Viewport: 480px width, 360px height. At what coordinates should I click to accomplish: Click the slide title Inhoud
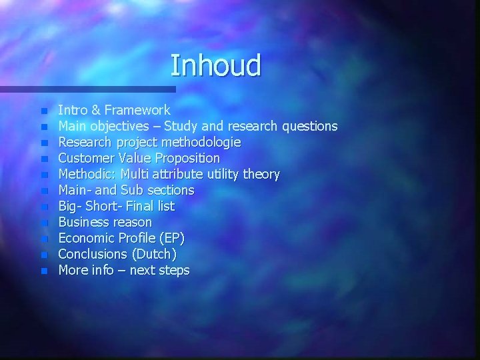[x=215, y=65]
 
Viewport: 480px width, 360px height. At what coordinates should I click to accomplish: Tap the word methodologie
[x=202, y=142]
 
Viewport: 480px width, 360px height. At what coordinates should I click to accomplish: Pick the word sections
[x=169, y=190]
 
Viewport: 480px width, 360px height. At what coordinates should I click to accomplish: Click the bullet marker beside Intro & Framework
[x=44, y=111]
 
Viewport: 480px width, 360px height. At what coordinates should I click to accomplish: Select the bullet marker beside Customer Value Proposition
[x=44, y=159]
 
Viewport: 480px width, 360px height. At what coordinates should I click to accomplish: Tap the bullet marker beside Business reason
[x=44, y=223]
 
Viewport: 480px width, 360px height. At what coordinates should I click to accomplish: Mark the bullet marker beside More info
[x=44, y=271]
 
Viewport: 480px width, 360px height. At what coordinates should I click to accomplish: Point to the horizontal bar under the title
[x=87, y=89]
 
